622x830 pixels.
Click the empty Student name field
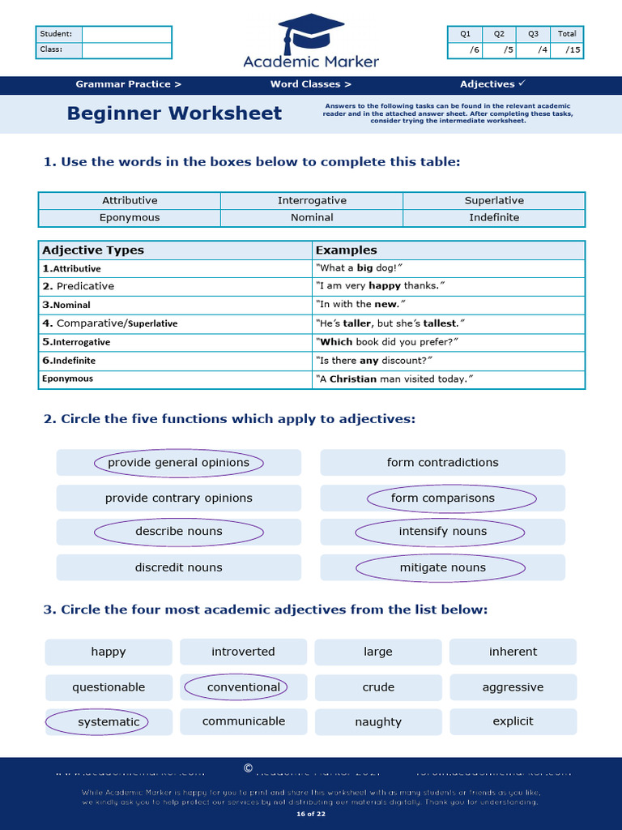coord(126,34)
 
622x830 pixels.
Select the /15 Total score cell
coord(567,50)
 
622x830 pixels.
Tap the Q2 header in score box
coord(499,34)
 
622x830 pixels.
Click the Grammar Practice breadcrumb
coord(128,84)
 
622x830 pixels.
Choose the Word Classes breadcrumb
coord(311,84)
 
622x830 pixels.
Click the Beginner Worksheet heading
coord(174,113)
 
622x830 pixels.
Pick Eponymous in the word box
coord(130,218)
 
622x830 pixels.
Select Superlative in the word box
coord(494,200)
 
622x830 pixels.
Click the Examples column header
coord(346,250)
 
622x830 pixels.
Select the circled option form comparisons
coord(442,498)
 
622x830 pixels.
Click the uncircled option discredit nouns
coord(178,568)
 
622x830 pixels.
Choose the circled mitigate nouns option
coord(442,568)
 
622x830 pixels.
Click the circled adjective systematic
coord(109,722)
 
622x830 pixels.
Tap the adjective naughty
coord(378,722)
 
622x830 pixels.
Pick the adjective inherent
coord(513,652)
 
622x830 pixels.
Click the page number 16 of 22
coord(311,813)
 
